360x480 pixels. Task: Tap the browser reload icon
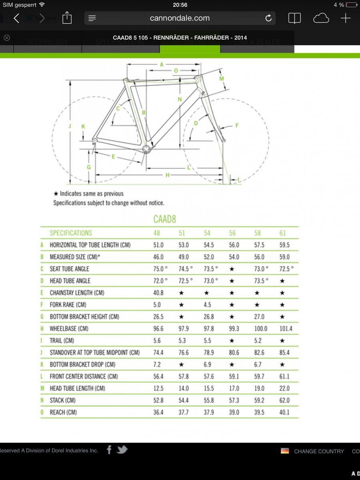pos(268,18)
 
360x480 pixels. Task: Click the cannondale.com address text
pos(180,18)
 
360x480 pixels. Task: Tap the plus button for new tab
pos(346,18)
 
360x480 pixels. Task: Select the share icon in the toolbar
pos(67,18)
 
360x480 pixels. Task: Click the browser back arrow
pos(16,18)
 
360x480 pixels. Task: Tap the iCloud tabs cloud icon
pos(321,18)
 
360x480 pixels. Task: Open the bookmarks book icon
pos(294,18)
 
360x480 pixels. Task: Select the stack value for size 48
pos(158,400)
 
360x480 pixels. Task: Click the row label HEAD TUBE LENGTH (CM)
pos(77,388)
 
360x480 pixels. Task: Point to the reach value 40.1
pos(284,412)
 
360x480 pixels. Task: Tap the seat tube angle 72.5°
pos(286,269)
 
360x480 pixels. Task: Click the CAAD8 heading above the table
pos(164,219)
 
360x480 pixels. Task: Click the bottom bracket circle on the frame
pos(147,149)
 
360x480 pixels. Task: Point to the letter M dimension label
pos(222,79)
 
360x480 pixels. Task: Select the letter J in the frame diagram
pos(70,126)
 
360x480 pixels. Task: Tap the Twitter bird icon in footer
pos(122,450)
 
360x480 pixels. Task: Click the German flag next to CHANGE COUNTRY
pos(285,451)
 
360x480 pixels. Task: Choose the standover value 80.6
pos(234,352)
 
